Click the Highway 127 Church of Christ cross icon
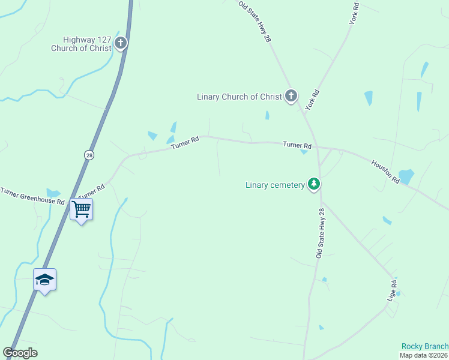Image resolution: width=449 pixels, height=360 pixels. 121,43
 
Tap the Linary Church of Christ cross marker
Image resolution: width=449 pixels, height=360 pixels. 291,95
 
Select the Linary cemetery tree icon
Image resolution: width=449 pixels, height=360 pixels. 313,184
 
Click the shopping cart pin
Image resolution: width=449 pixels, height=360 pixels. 81,209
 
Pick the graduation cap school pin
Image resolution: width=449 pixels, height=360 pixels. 44,280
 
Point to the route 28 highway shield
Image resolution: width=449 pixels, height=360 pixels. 89,155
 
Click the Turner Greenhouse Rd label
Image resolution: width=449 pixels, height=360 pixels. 32,196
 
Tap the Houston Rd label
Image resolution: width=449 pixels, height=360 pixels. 385,172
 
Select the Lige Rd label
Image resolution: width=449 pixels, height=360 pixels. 393,290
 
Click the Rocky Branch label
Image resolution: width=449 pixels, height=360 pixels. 425,346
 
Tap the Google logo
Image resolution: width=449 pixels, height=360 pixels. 20,353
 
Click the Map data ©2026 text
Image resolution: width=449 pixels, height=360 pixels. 424,355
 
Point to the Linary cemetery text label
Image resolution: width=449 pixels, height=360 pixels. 275,185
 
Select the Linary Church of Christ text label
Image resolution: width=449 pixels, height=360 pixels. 239,97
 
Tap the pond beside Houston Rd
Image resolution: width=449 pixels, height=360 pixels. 406,176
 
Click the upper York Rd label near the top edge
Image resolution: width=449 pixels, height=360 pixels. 354,14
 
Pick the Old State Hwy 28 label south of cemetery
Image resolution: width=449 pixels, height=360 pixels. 320,233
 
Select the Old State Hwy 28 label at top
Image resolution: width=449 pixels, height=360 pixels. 255,22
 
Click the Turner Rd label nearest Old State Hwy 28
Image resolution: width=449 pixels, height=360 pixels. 297,145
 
